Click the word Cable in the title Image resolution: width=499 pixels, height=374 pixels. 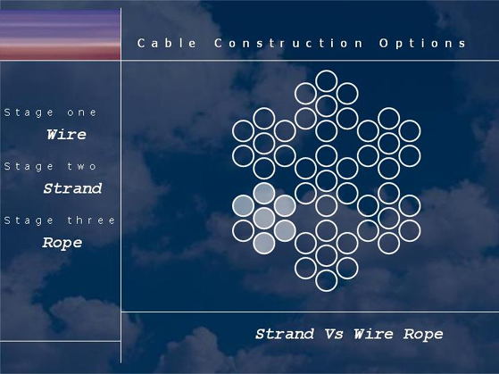(167, 43)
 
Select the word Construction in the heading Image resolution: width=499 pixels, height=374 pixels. (288, 43)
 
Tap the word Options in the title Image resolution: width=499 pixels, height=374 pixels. (422, 43)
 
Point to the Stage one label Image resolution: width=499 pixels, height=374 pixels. (50, 112)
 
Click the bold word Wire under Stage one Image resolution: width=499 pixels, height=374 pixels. (67, 134)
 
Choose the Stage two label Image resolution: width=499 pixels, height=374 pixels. (50, 167)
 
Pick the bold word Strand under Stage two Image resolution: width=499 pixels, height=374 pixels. (72, 188)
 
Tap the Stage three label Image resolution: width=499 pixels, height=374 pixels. (60, 220)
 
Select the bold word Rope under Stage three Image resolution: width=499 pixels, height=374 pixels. (62, 243)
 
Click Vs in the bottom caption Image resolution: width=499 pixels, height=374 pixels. (334, 334)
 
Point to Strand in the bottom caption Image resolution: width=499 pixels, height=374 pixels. (285, 334)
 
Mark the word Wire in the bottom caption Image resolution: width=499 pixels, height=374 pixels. (374, 334)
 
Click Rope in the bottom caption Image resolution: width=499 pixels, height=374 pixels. (423, 335)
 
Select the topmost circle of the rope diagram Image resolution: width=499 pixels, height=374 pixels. (327, 71)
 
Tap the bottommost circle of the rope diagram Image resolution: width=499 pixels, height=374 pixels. (327, 291)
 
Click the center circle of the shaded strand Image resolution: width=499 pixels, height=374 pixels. (264, 218)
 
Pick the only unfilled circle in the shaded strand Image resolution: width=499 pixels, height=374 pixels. (244, 220)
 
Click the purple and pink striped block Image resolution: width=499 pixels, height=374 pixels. (60, 34)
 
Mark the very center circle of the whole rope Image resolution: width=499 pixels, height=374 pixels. (327, 170)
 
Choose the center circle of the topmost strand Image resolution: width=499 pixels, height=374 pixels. (327, 96)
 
